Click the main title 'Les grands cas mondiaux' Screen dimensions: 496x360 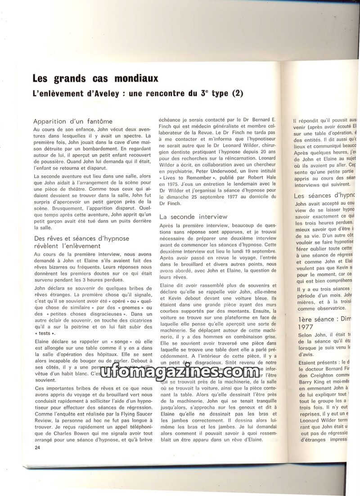(x=95, y=78)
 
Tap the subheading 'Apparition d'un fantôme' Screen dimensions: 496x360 (x=72, y=121)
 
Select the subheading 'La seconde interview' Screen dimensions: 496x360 (x=193, y=216)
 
